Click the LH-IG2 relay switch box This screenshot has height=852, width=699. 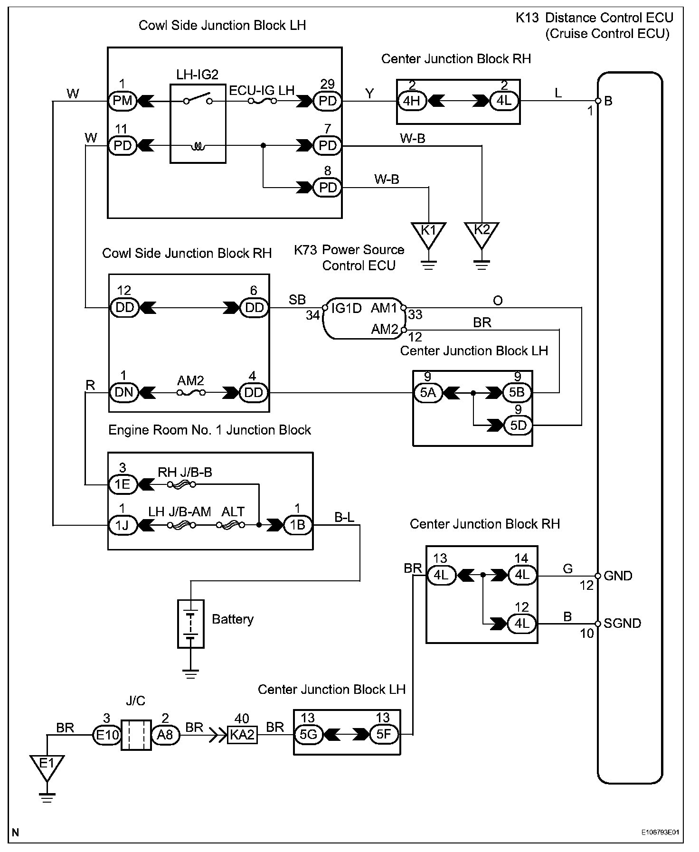click(198, 124)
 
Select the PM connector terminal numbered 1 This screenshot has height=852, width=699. click(123, 101)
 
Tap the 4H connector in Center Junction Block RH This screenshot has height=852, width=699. click(412, 101)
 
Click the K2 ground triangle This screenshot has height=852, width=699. click(482, 233)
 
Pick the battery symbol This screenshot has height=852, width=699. click(190, 624)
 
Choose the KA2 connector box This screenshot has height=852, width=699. click(242, 735)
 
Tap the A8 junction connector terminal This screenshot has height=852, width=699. click(165, 735)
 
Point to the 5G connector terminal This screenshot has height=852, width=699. click(308, 735)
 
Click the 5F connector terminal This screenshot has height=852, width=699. click(383, 735)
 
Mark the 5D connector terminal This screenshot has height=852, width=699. click(518, 425)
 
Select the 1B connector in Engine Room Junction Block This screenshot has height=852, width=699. click(297, 525)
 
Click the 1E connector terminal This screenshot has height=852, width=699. click(123, 484)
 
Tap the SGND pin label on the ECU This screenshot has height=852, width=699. click(622, 623)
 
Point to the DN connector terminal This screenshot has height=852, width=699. click(123, 393)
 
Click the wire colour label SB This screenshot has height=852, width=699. click(297, 300)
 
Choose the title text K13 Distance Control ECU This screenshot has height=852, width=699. click(595, 18)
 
